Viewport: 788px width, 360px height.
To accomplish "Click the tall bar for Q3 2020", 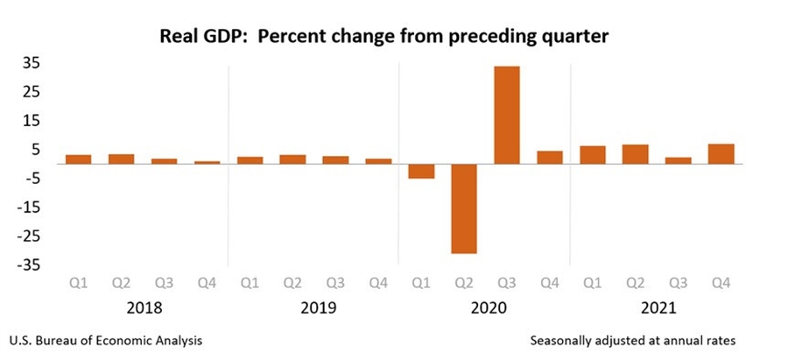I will [x=507, y=115].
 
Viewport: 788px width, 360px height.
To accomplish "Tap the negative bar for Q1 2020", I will [x=421, y=171].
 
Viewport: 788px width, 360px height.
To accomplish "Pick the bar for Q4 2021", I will [x=721, y=153].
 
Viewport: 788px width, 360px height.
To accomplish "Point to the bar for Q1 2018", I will [x=79, y=159].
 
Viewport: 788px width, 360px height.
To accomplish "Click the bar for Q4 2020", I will [x=550, y=157].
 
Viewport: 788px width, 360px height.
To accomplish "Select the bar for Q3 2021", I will [x=678, y=160].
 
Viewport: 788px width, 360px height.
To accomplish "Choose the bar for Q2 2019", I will [x=292, y=159].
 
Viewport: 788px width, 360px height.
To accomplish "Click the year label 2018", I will [x=143, y=307].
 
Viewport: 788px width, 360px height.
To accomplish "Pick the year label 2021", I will [x=657, y=307].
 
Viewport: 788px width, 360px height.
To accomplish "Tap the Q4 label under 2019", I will [x=378, y=283].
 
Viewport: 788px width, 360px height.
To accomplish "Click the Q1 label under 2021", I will [x=593, y=283].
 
